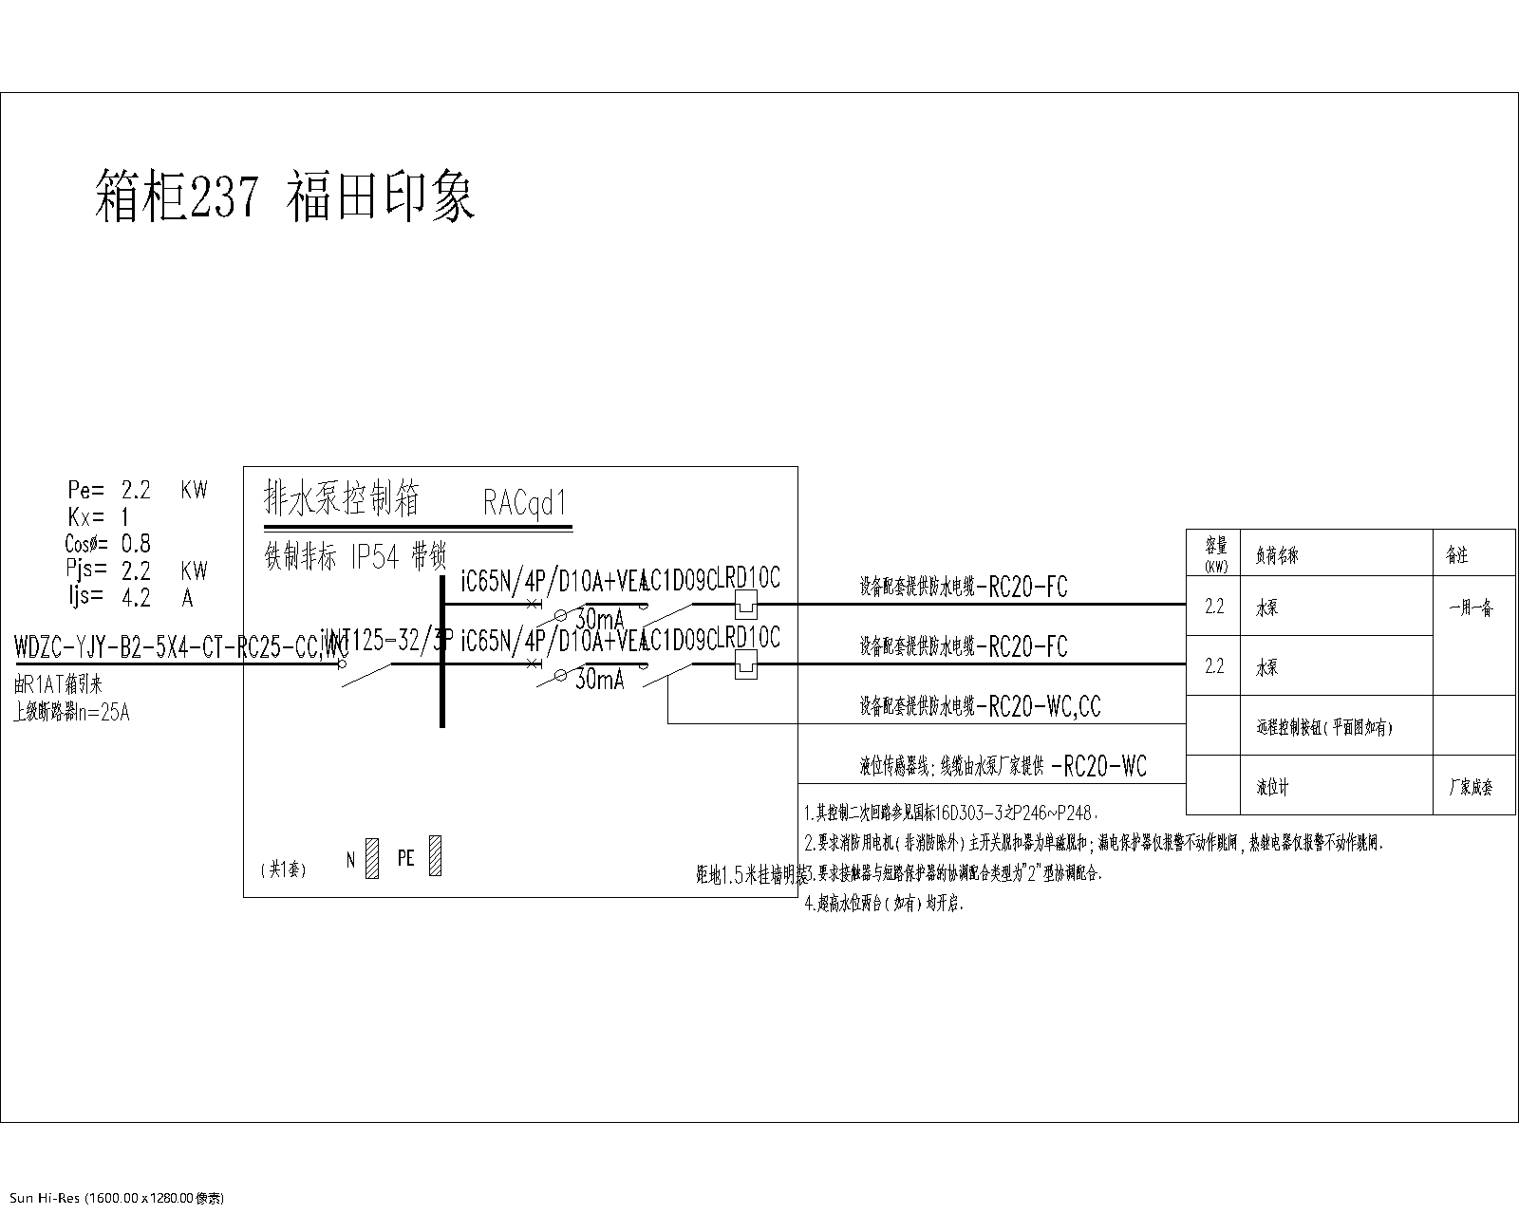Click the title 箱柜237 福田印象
tap(285, 196)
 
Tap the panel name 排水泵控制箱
tap(342, 498)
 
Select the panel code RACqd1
tap(525, 502)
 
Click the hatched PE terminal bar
tap(435, 856)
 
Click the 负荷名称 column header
tap(1277, 556)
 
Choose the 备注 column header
tap(1456, 556)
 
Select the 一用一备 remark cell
tap(1472, 608)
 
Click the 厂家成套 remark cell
tap(1470, 787)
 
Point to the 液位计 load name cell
tap(1272, 788)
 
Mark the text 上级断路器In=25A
tap(70, 712)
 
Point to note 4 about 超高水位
tap(884, 905)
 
